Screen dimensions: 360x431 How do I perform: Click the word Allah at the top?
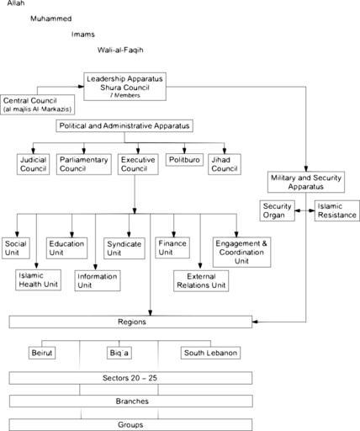pos(16,3)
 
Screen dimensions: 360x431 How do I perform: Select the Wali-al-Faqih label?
pos(120,50)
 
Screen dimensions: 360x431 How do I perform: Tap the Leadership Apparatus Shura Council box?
pos(124,87)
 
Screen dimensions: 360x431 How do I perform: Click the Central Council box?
pos(38,104)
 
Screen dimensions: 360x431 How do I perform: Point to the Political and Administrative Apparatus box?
pos(124,125)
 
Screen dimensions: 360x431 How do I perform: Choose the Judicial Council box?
pos(33,164)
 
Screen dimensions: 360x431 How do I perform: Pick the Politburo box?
pos(184,160)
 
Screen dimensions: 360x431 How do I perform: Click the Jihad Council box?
pos(225,164)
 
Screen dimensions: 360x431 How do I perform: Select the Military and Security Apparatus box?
pos(306,182)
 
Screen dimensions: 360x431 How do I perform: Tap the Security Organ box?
pos(277,210)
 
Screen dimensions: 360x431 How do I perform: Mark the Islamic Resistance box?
pos(336,210)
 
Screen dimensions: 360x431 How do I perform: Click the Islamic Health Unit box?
pos(38,279)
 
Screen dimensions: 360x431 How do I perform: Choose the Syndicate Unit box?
pos(124,248)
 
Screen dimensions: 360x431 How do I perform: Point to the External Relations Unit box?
pos(201,281)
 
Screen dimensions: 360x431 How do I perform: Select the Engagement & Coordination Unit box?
pos(241,252)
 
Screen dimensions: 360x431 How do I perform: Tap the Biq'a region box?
pos(119,353)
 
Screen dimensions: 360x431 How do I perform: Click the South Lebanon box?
pos(210,353)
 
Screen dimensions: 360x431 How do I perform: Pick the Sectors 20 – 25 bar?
pos(130,378)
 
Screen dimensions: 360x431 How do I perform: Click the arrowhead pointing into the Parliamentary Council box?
pos(83,152)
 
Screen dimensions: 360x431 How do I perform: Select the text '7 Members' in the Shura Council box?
pos(125,95)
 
